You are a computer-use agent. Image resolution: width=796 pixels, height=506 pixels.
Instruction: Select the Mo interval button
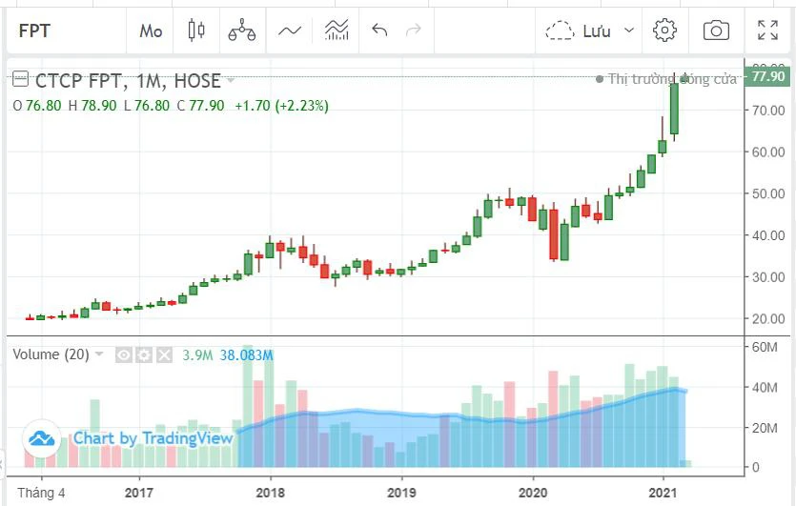click(151, 30)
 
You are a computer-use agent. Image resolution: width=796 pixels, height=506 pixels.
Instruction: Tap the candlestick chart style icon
click(196, 30)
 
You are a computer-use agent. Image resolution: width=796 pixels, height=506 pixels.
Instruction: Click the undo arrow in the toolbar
click(379, 30)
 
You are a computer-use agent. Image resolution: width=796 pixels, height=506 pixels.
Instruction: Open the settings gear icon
click(664, 30)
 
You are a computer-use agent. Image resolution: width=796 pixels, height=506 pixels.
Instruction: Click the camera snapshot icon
click(716, 30)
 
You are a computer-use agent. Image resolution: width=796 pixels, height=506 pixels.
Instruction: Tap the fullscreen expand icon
click(767, 30)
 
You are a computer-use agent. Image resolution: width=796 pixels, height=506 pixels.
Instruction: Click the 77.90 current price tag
click(768, 76)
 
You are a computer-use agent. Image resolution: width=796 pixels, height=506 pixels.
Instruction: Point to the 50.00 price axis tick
click(768, 193)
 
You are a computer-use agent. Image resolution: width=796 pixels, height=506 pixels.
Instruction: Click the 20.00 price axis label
click(768, 319)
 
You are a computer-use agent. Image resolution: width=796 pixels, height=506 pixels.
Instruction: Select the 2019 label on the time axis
click(401, 493)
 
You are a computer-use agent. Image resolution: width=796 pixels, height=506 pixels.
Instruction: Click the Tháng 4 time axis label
click(42, 493)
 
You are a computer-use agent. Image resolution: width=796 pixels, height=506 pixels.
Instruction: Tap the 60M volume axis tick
click(765, 348)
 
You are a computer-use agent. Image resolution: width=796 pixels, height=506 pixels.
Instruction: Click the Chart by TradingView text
click(153, 438)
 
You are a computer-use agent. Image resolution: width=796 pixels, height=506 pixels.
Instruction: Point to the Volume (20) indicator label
click(51, 354)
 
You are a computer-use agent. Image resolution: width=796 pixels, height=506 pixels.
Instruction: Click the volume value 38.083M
click(247, 355)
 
